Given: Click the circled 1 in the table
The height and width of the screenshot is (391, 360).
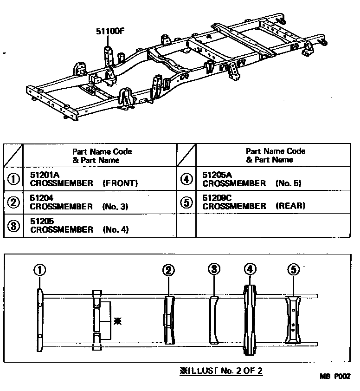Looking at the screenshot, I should pos(13,179).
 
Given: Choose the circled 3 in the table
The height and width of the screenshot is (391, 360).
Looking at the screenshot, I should pos(13,226).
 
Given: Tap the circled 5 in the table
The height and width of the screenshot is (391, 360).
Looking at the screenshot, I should pos(186,202).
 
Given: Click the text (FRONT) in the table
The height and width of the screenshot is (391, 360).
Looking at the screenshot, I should pos(121,183).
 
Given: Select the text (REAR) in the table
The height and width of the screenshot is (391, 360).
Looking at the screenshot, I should pos(290,206).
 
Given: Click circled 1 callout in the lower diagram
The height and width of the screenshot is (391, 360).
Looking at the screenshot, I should pos(40,270).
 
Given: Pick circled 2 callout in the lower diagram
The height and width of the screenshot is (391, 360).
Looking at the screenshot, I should pos(168,270).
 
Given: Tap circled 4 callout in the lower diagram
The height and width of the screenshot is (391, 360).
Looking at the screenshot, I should pos(250,269).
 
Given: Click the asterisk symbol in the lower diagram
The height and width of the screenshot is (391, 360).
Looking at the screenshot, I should pos(118,320).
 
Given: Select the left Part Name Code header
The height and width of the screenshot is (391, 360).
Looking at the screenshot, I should pos(102,156).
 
